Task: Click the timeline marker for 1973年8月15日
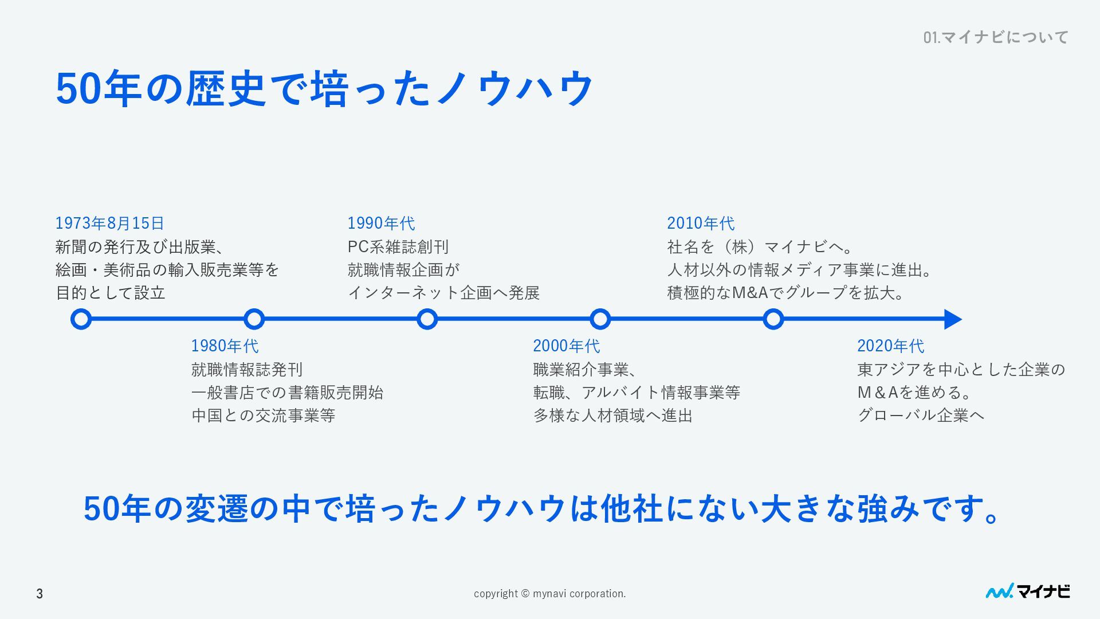coord(81,319)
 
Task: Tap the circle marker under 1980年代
coord(254,319)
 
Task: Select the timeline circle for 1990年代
coord(427,319)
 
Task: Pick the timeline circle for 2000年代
coord(600,319)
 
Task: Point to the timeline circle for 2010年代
coord(773,319)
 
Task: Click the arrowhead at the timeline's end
coord(952,319)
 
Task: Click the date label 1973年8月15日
coord(109,223)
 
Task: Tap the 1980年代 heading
coord(225,346)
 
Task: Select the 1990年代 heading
coord(381,223)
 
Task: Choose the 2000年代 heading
coord(566,346)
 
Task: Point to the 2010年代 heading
coord(700,223)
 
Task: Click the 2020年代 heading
coord(890,346)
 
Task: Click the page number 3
coord(40,594)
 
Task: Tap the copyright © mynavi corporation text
coord(549,594)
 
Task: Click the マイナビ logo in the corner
coord(1027,591)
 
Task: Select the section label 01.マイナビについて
coord(996,37)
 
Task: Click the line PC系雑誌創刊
coord(398,246)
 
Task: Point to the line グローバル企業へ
coord(921,415)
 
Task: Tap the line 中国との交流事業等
coord(263,415)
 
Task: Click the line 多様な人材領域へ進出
coord(612,415)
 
